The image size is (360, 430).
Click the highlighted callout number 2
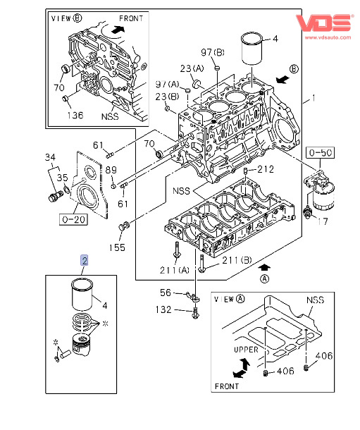coord(85,260)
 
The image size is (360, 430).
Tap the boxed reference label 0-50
coord(320,152)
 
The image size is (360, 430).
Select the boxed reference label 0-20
coord(74,219)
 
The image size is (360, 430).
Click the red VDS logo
coord(323,23)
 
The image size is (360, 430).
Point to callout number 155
coord(117,247)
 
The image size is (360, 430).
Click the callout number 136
coord(75,115)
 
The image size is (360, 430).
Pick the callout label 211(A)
coord(175,271)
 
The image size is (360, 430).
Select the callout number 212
coord(266,169)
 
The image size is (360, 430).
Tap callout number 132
coord(163,309)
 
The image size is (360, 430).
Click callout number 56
coord(166,293)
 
